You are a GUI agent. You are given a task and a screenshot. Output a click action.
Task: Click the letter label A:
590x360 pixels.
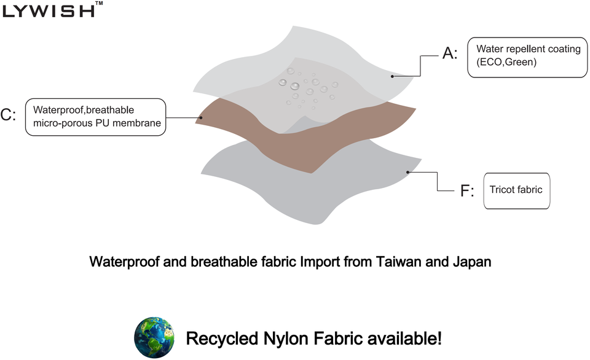[x=450, y=54]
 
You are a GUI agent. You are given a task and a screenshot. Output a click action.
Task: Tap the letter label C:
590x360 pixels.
[x=8, y=115]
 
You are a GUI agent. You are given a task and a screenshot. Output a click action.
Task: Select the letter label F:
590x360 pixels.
[x=467, y=191]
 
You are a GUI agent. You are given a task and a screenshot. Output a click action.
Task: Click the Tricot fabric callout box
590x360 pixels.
[x=516, y=190]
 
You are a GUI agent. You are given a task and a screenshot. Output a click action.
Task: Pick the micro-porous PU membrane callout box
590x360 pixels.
[x=96, y=116]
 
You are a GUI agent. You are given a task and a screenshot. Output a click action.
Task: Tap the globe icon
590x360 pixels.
[x=154, y=337]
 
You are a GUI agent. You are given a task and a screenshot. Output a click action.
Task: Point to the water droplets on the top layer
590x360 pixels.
[x=307, y=86]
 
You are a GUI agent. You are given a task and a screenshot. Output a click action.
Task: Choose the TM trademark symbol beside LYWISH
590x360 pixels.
[x=100, y=4]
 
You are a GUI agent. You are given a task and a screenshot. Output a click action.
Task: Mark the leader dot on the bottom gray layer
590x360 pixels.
[x=408, y=172]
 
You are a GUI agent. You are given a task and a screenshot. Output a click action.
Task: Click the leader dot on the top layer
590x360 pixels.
[x=393, y=76]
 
